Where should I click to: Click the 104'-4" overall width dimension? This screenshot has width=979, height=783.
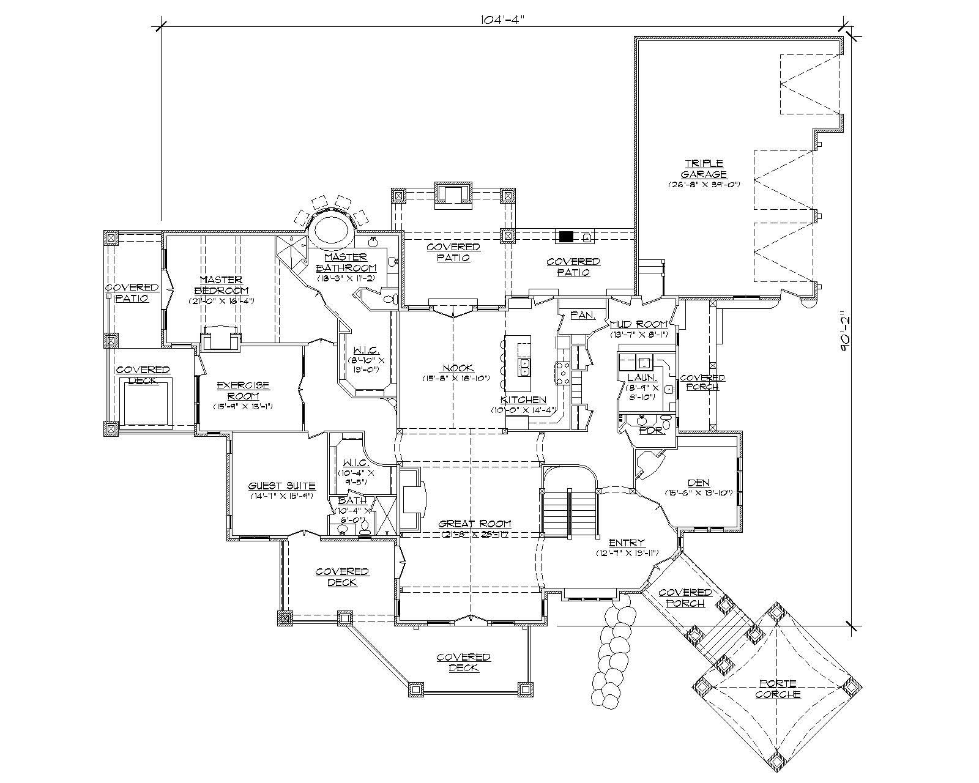click(503, 19)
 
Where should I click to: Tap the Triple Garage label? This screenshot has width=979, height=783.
click(704, 169)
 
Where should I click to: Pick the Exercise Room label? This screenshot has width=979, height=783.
click(243, 391)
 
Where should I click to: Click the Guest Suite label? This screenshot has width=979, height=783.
click(281, 486)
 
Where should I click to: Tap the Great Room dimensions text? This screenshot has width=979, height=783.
click(475, 534)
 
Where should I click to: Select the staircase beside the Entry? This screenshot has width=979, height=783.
click(570, 513)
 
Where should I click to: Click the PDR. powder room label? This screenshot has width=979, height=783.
click(647, 430)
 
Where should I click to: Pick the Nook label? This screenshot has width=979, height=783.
click(458, 368)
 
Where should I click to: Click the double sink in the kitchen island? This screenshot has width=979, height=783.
click(525, 367)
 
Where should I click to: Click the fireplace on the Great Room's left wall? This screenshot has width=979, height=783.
click(412, 499)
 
